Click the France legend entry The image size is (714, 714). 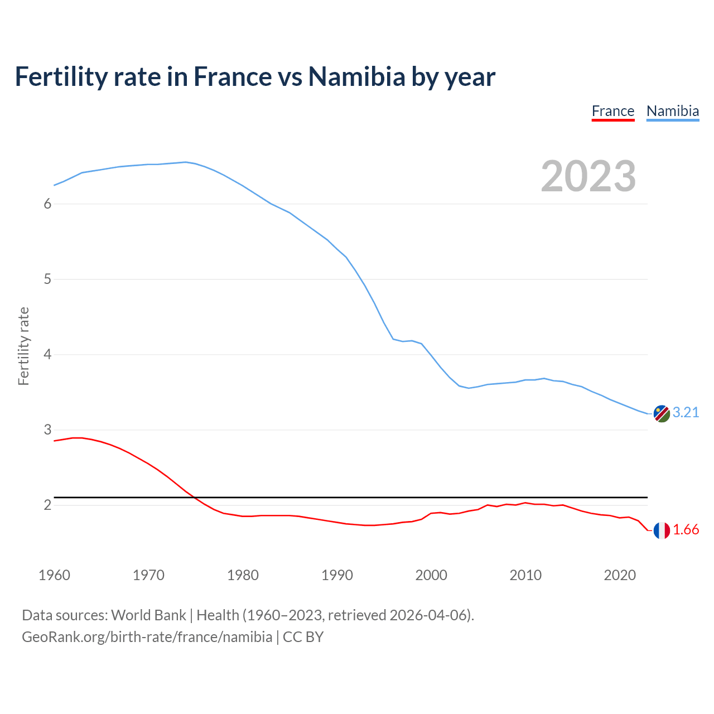point(612,111)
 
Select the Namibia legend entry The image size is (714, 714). point(672,111)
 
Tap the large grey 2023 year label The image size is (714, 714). point(588,176)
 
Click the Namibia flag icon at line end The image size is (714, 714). point(662,413)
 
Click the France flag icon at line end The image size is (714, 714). point(662,530)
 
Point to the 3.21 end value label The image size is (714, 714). point(686,412)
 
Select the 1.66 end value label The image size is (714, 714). point(686,529)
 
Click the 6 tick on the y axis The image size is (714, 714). point(47,204)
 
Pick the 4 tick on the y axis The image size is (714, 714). point(47,354)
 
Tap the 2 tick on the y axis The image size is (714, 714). point(47,505)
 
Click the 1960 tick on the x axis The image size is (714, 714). point(54,575)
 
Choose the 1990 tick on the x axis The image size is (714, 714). point(337,575)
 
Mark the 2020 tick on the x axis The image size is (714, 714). point(620,575)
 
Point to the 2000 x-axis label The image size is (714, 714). point(431,575)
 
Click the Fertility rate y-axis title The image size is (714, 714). point(23,346)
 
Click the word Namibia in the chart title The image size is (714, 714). point(356,76)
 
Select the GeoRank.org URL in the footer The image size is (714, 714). point(147,636)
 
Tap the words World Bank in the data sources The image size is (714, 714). point(148,615)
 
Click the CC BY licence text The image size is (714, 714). point(303,636)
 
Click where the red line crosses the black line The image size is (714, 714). point(195,497)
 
